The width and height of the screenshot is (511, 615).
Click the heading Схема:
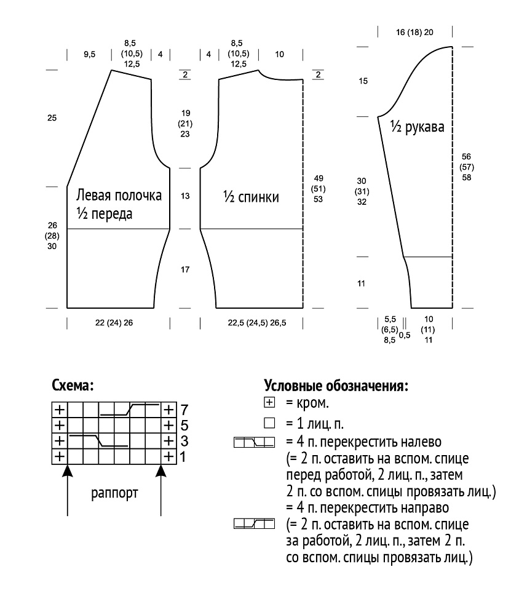click(x=73, y=386)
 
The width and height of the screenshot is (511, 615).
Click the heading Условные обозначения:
click(x=336, y=386)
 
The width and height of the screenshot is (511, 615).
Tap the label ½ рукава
click(x=418, y=127)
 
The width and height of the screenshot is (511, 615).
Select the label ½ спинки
click(x=251, y=197)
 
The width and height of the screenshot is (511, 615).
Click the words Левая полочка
click(x=119, y=195)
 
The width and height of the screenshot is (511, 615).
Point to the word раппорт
click(x=114, y=493)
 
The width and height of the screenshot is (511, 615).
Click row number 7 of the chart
click(x=184, y=410)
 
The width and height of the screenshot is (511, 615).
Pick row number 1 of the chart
click(x=183, y=457)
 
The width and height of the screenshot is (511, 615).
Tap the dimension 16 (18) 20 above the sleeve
click(x=414, y=32)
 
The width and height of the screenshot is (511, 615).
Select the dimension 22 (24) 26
click(x=114, y=323)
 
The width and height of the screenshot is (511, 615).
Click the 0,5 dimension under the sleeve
click(x=405, y=335)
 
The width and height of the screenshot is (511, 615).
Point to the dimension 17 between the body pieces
click(x=185, y=269)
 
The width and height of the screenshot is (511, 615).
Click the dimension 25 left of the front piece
click(x=52, y=117)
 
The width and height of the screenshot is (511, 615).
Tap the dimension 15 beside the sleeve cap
click(x=363, y=81)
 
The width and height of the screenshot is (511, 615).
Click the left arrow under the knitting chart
click(x=68, y=490)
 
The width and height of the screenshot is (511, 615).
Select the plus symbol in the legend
click(x=269, y=402)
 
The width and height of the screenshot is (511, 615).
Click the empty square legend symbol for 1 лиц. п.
click(x=269, y=423)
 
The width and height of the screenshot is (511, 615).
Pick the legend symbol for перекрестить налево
click(x=254, y=442)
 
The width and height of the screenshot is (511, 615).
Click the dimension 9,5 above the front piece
click(x=89, y=54)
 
